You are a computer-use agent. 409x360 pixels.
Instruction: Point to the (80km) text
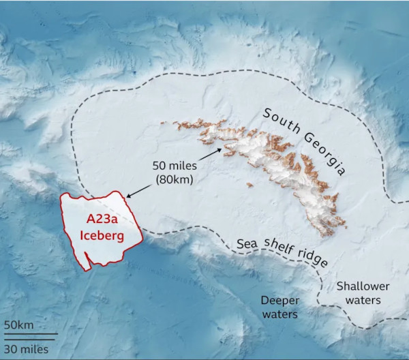[x=172, y=180]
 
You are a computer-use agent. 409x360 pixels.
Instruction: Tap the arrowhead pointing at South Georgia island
[x=219, y=148]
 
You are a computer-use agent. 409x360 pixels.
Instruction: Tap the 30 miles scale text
[x=25, y=349]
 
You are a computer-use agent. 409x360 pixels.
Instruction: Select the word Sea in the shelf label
[x=247, y=244]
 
